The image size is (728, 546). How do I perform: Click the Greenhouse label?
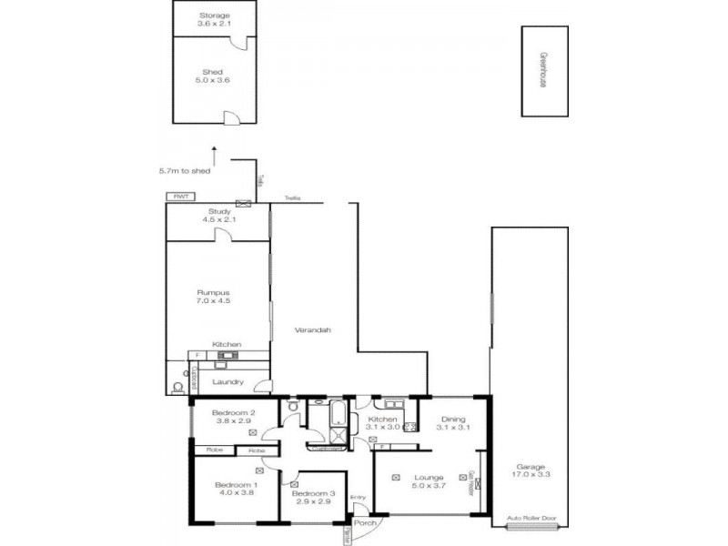click(x=541, y=69)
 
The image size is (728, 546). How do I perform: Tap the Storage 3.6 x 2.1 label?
click(x=215, y=19)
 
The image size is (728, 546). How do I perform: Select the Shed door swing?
click(x=232, y=116)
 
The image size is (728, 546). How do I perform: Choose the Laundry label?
click(x=227, y=381)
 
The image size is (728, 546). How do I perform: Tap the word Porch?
click(x=366, y=523)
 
